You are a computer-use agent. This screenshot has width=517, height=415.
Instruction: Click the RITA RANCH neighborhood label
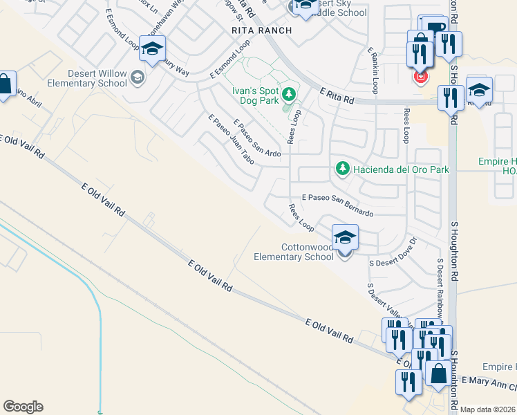point(261,31)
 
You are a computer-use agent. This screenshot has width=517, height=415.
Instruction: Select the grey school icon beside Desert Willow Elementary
point(137,77)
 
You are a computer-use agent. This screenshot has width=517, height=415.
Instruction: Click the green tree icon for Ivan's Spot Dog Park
point(289,95)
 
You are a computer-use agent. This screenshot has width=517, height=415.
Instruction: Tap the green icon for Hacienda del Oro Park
point(341,169)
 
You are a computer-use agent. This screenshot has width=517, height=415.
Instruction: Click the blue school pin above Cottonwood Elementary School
point(345,237)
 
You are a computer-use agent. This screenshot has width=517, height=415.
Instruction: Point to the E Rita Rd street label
point(337,95)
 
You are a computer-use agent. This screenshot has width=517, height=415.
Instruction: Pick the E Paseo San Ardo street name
point(257,138)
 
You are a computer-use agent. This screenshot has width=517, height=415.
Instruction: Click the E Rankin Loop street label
point(373,71)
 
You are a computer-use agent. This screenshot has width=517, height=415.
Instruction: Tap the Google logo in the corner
point(23,407)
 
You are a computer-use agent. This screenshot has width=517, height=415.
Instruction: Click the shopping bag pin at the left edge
point(4,85)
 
